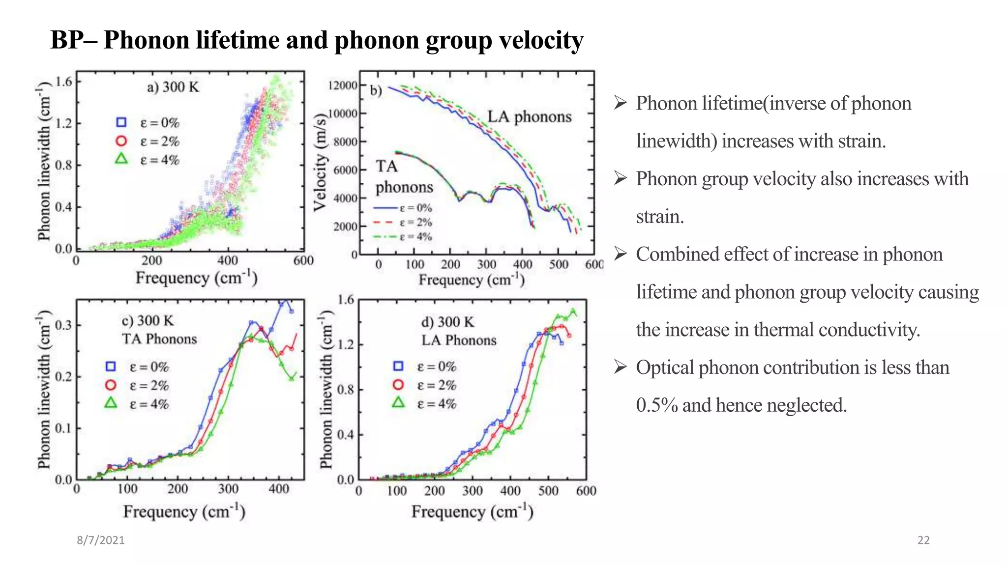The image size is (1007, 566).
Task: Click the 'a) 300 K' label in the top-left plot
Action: (x=173, y=87)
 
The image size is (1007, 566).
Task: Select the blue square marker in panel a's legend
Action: (x=121, y=122)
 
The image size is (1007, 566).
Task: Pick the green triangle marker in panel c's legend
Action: (x=111, y=403)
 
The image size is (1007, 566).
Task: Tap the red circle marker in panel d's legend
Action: (x=398, y=385)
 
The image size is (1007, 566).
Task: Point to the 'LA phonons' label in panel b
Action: (x=529, y=117)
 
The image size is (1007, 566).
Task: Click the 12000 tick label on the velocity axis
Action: (x=343, y=85)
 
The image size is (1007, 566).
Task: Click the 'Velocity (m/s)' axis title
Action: (x=320, y=162)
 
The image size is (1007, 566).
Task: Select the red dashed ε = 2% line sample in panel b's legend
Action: (x=384, y=223)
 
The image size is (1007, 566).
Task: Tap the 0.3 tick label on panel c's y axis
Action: (x=63, y=325)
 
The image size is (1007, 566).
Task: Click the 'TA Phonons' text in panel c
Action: (x=159, y=339)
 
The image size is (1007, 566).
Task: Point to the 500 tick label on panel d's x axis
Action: (x=548, y=491)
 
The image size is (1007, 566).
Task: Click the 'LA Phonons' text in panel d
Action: (x=459, y=340)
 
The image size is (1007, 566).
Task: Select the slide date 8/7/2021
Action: (x=100, y=540)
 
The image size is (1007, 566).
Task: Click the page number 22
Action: (x=923, y=540)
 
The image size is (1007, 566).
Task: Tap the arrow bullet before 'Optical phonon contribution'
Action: (x=621, y=367)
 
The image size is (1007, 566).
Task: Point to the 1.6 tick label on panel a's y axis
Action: (x=63, y=82)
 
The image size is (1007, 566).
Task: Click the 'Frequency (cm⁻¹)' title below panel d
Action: (x=472, y=512)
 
